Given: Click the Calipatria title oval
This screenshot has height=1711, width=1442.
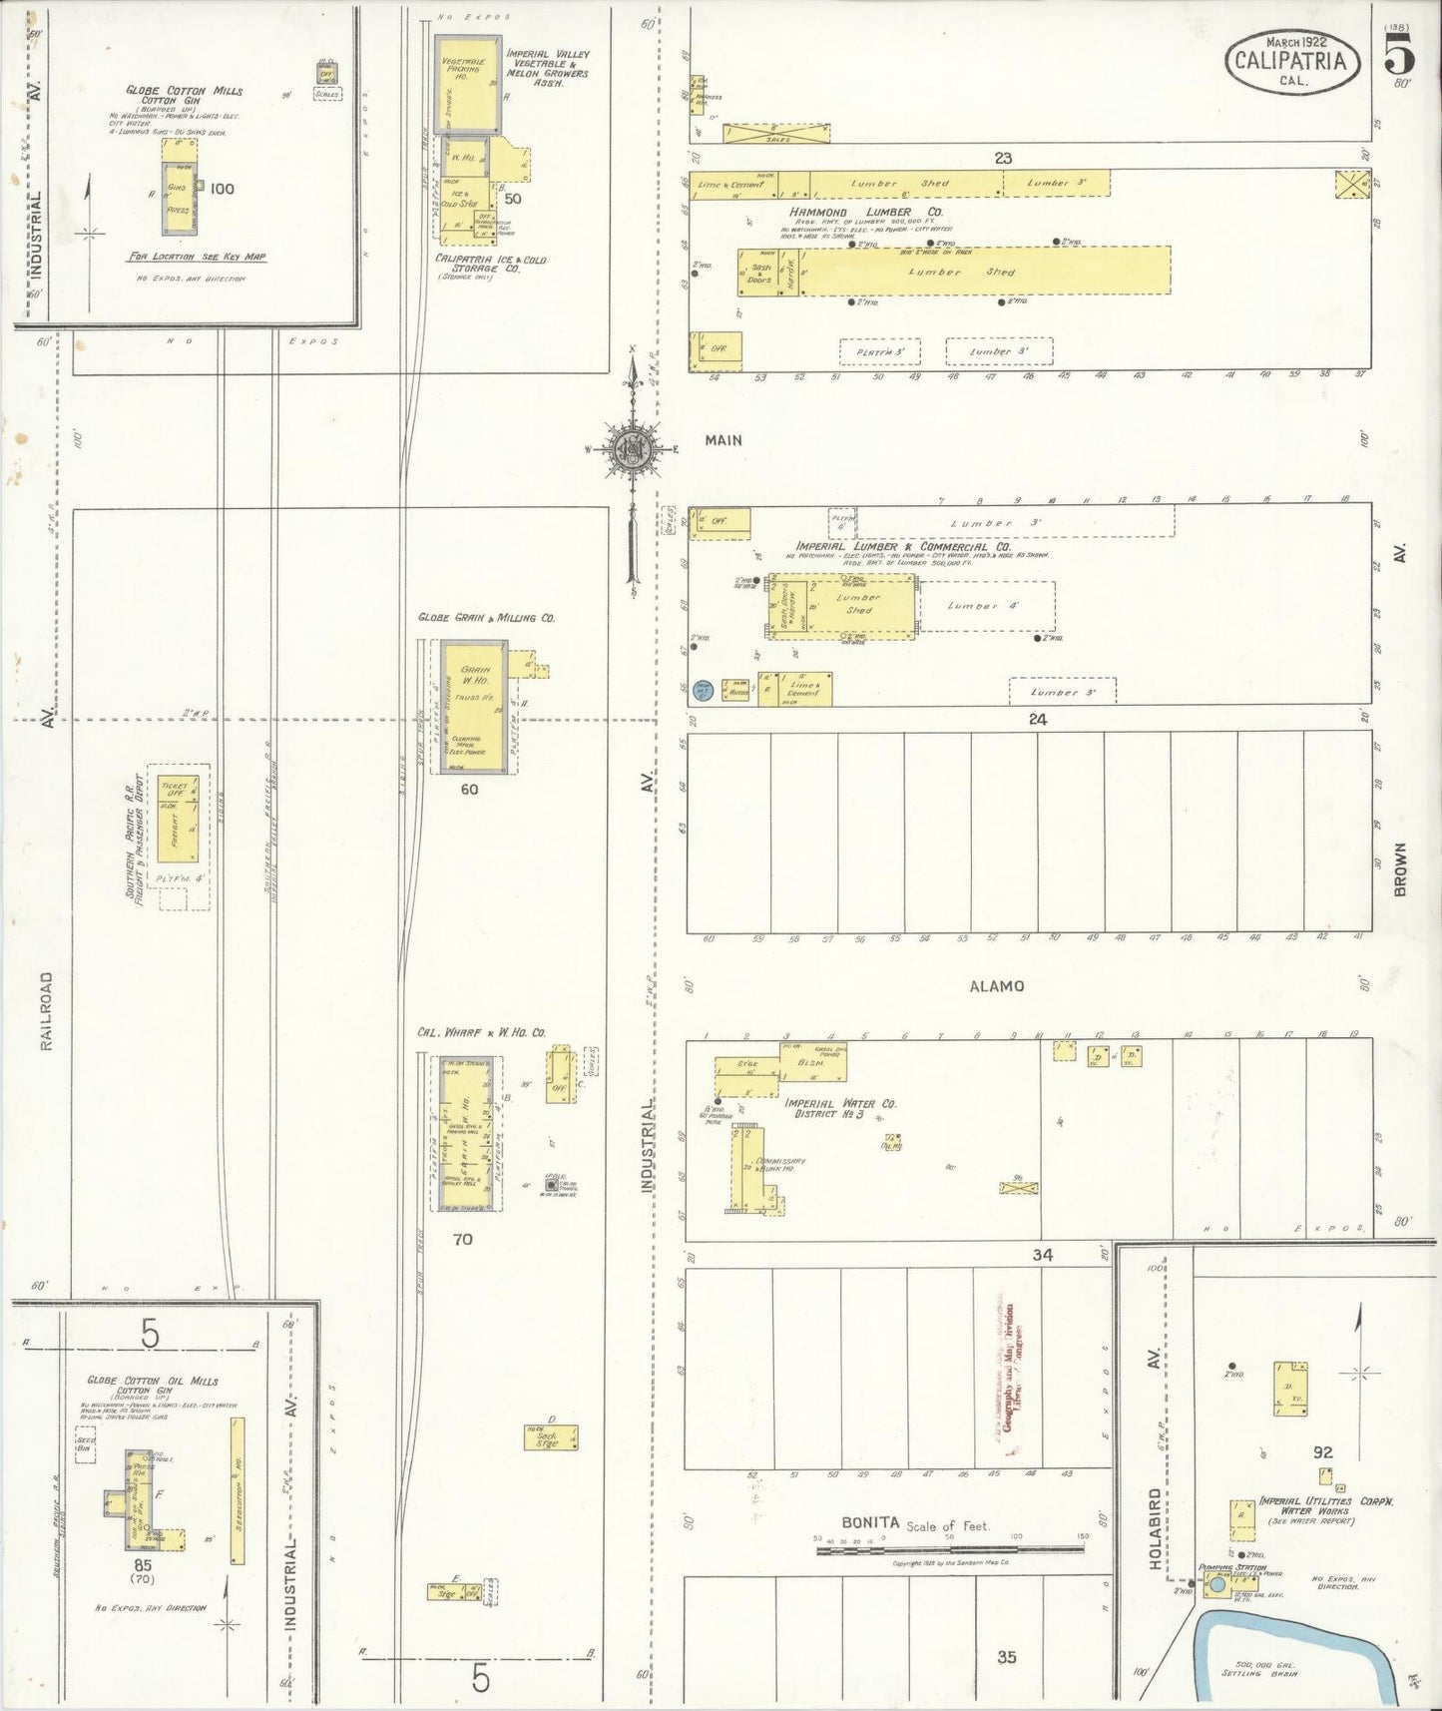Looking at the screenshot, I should coord(1291,62).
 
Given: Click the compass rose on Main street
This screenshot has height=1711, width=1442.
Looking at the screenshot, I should coord(633,448).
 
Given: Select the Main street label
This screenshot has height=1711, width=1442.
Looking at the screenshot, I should coord(723,439).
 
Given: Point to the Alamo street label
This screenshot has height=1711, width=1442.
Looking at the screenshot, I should coord(996,986).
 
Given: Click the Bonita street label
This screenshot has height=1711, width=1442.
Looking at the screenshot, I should coord(869,1522).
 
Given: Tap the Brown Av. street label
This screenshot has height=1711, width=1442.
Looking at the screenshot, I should coord(1400,868).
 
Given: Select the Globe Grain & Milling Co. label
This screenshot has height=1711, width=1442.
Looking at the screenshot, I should coord(487,618).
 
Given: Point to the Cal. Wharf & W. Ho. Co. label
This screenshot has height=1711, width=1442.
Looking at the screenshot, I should coord(481,1032).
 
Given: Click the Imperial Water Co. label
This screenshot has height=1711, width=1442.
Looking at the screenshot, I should coord(840,1104).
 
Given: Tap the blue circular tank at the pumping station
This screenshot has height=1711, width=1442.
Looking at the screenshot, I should coord(1217,1584).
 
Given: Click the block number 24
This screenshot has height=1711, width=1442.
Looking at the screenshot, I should coord(1038,719).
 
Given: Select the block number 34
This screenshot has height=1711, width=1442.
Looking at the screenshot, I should coord(1042,1255).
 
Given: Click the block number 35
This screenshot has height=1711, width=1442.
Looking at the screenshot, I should coord(1006,1657).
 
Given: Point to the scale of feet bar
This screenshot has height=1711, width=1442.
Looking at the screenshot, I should coord(949,1549).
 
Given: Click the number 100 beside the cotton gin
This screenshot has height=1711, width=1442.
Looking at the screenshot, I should coord(222,189).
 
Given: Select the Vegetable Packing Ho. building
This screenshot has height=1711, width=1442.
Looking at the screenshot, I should coord(467,85).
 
